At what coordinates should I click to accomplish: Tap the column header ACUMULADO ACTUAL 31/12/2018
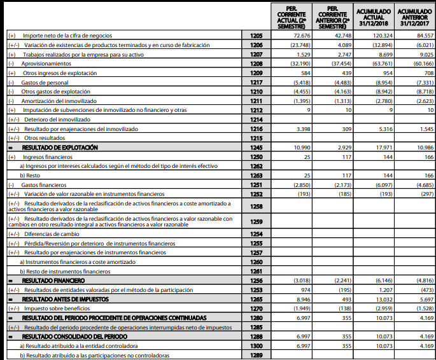coord(373,15)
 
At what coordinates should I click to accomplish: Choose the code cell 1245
coord(256,148)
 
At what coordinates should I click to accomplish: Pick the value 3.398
coord(299,129)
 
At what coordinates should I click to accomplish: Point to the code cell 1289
coord(256,355)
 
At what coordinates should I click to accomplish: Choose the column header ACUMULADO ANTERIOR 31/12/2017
coord(415,15)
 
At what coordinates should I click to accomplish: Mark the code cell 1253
coord(256,289)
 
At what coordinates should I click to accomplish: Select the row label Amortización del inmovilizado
coord(59,101)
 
